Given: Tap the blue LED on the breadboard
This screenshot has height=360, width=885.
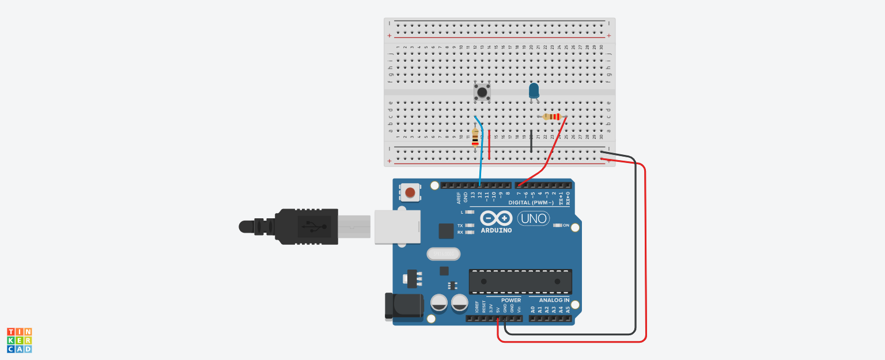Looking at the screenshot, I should (534, 90).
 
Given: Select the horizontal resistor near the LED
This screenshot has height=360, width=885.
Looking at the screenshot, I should (552, 117).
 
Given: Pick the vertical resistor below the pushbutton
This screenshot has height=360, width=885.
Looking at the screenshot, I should (475, 138).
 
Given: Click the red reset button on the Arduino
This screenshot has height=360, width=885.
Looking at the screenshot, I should (410, 192).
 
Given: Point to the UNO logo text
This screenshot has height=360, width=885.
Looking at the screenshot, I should (533, 218).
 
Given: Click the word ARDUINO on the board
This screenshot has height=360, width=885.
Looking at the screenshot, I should (496, 230).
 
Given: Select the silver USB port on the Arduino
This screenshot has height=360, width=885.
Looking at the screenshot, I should (397, 226).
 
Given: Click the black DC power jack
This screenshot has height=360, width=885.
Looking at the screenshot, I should (403, 305).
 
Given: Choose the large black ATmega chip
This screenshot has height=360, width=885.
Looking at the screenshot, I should (520, 281).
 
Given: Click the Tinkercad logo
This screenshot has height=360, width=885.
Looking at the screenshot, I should (19, 340).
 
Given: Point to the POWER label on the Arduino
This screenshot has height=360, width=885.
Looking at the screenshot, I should (510, 300).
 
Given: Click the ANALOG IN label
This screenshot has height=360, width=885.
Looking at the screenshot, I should (554, 300).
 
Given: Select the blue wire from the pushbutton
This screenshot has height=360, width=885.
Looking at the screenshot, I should (481, 153).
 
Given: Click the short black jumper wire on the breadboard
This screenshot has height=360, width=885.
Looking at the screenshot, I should (531, 141).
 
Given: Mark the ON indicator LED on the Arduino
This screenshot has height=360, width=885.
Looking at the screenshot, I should (557, 225).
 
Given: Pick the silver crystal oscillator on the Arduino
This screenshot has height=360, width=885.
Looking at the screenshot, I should (444, 254).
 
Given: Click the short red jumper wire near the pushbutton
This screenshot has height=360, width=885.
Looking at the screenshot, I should (489, 144).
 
